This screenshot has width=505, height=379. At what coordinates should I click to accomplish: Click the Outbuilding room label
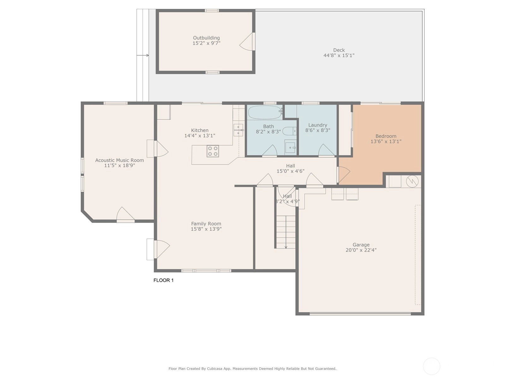tap(206, 38)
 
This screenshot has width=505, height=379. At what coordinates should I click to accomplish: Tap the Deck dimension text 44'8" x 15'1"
tap(339, 55)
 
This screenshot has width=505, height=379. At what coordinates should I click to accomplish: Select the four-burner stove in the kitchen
tap(213, 151)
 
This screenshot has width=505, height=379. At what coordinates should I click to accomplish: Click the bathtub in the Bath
tap(265, 112)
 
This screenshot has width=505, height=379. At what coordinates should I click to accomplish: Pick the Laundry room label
tap(318, 125)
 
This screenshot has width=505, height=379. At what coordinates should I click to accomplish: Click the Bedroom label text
tap(386, 136)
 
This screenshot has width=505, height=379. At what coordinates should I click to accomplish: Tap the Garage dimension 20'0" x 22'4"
tap(361, 250)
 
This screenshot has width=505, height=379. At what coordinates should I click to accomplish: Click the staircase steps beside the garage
tap(286, 232)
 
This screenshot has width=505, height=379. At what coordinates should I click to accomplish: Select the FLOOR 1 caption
tap(163, 280)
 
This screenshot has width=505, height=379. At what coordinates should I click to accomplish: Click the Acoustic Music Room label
tap(119, 160)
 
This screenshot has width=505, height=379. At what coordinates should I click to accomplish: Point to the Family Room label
tap(206, 223)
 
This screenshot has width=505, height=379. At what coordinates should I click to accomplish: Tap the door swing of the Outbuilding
tap(246, 41)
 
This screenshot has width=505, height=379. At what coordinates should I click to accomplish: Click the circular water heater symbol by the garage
tap(412, 181)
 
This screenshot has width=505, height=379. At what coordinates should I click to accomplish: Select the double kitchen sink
tap(238, 130)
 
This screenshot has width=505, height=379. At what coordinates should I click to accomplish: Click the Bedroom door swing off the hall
tap(344, 174)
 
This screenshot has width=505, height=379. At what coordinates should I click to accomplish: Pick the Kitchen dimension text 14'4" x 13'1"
tap(200, 135)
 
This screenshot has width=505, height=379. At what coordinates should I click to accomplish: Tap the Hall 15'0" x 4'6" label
tap(290, 168)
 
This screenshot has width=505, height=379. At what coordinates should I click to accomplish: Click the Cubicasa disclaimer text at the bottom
tap(252, 369)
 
